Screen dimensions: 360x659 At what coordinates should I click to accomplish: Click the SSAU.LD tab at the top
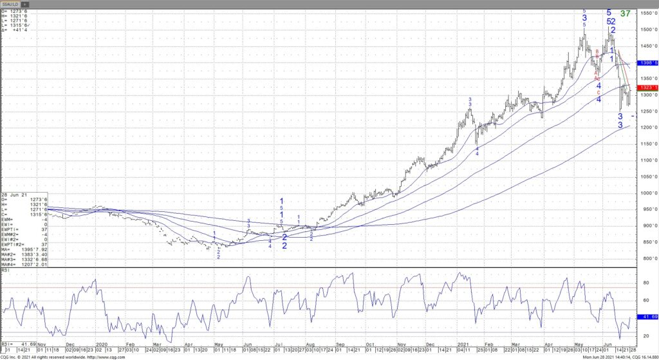coord(10,4)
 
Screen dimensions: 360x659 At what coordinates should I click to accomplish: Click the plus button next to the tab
coord(24,4)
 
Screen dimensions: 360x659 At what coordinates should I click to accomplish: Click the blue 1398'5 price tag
coord(647,63)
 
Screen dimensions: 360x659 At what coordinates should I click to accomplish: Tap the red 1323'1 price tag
coord(647,87)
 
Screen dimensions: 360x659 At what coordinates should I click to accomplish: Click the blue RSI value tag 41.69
coord(647,317)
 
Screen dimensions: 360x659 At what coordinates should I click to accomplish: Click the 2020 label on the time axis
coord(102,345)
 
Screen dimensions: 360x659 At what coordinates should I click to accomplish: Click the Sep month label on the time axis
coord(340,345)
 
